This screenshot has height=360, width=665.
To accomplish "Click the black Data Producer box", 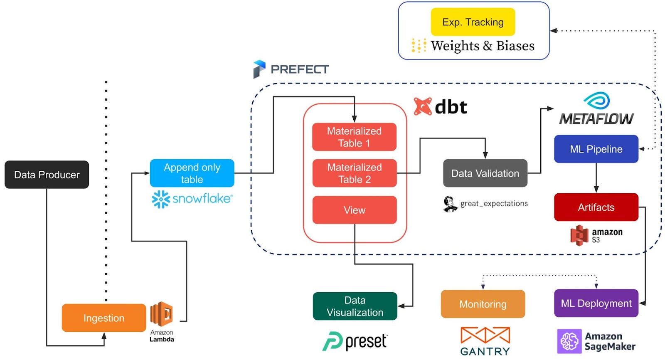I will (x=47, y=175).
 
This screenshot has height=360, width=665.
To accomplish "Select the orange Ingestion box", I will (x=104, y=318).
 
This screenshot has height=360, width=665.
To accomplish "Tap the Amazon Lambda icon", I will (x=162, y=314).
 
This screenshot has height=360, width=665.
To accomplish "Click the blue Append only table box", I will (x=192, y=173).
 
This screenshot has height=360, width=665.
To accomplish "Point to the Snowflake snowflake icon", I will (x=161, y=200).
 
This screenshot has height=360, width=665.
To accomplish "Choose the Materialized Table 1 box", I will (x=354, y=137).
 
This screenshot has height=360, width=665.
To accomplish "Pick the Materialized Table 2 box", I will (x=354, y=173).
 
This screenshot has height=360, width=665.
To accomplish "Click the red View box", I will (x=354, y=210).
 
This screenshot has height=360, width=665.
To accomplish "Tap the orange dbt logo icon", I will (x=423, y=107).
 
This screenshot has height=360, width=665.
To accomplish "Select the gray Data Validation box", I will (x=485, y=173).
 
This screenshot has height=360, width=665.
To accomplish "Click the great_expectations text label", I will (x=494, y=204).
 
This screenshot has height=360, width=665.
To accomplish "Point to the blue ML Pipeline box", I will (x=596, y=149).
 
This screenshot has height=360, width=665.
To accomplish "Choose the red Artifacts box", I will (x=596, y=207).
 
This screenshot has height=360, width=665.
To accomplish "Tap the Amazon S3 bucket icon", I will (x=579, y=235).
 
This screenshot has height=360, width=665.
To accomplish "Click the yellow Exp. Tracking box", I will (x=473, y=22).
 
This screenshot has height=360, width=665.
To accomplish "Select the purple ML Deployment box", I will (x=596, y=303).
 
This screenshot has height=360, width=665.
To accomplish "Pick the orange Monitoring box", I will (x=483, y=304).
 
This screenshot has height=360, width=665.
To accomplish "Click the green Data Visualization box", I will (x=355, y=306).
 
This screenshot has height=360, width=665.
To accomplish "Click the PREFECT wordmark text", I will (x=299, y=69).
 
